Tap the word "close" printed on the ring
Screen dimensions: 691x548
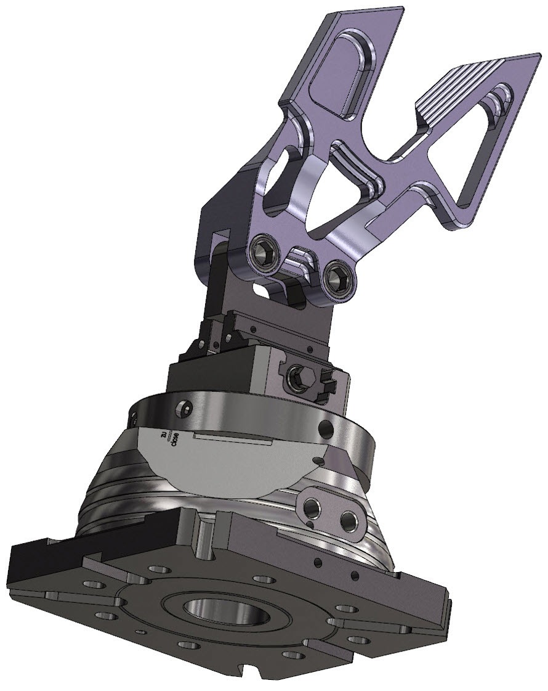click(x=175, y=442)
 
